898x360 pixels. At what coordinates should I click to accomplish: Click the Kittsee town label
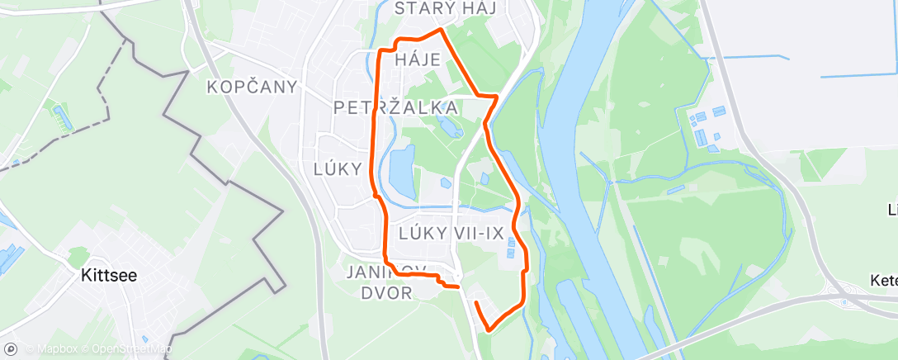pos(108,277)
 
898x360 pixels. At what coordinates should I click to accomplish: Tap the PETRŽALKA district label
pos(396,107)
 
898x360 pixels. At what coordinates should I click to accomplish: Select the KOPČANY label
pos(252,87)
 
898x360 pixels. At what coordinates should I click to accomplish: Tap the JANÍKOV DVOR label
pos(386,282)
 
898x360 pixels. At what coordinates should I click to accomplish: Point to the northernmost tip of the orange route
pos(441,30)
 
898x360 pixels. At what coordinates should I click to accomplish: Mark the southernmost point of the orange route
pos(487,329)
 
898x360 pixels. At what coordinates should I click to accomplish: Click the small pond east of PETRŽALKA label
pos(451,129)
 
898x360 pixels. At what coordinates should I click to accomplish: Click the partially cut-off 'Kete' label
pos(883,281)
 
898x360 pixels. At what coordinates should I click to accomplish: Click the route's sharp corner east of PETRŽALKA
pos(496,97)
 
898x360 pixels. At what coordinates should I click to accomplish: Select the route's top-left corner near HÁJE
pos(380,51)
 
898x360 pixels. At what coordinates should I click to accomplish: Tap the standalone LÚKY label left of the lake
pos(338,169)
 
